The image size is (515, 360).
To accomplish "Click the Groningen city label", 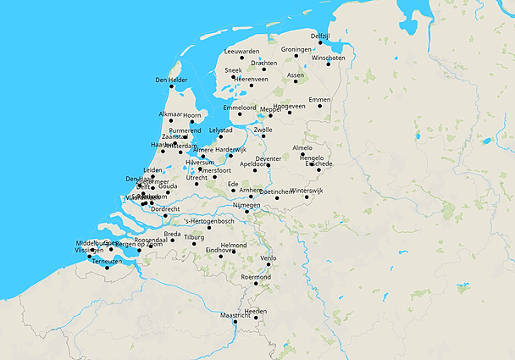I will pos(296,49).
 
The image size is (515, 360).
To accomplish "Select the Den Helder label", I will pos(171,80).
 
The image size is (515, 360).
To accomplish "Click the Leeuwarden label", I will pos(241,52).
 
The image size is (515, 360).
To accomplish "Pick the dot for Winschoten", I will pos(328,64).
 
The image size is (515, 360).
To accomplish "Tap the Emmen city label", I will pos(319,99).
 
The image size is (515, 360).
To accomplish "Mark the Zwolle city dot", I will pos(263,136).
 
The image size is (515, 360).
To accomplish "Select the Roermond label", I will pos(256,277).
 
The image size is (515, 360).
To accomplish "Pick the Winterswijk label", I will pos(307,191).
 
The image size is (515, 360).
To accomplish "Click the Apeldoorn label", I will pos(257,163).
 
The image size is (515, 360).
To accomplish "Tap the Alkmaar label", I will pos(170,114).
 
